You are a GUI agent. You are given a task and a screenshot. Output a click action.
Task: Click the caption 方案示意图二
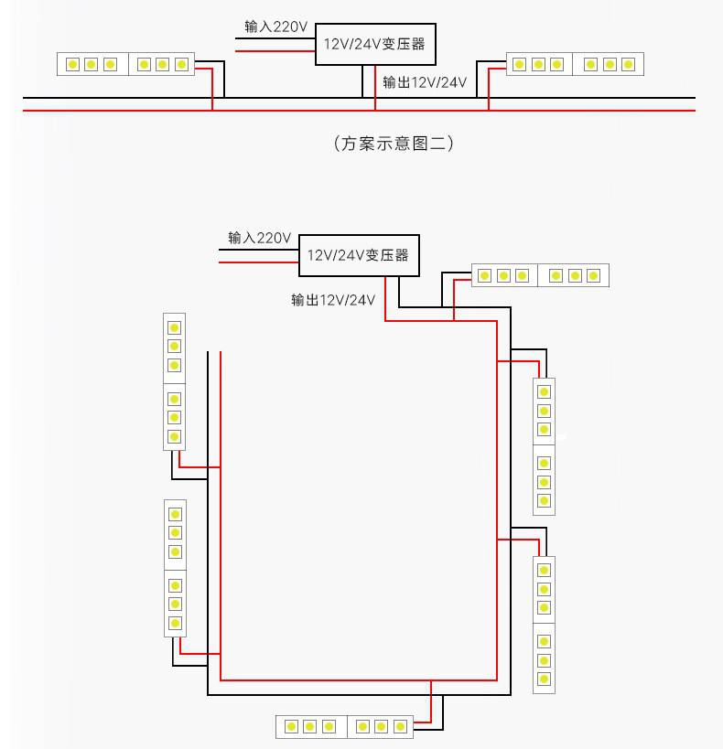(393, 144)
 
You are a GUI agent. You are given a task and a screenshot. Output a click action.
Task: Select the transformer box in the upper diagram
(375, 44)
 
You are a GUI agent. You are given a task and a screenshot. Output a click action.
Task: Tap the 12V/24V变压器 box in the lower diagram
(359, 255)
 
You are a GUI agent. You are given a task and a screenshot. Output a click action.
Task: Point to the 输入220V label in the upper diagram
(275, 27)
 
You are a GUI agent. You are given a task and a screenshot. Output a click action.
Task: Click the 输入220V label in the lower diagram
(260, 238)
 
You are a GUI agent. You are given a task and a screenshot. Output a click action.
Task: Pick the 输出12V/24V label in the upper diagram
(425, 82)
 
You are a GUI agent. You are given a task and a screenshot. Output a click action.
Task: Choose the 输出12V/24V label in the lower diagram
(333, 300)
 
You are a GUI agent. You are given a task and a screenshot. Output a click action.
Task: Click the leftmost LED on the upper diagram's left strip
(72, 65)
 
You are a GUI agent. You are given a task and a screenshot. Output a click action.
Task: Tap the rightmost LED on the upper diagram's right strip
(629, 65)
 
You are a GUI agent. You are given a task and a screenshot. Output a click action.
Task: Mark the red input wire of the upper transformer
(275, 50)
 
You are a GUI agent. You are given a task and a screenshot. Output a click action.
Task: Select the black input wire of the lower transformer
(259, 250)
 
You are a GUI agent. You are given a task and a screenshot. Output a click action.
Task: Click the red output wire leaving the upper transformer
(375, 88)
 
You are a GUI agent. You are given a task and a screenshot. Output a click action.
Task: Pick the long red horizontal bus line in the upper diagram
(359, 111)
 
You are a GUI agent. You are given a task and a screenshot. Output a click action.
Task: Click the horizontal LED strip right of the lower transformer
(540, 275)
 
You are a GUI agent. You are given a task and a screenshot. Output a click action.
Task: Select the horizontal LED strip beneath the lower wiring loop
(344, 727)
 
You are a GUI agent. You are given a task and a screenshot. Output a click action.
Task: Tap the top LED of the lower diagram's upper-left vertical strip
(174, 327)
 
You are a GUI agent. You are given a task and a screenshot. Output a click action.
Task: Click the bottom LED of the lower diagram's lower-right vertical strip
(544, 679)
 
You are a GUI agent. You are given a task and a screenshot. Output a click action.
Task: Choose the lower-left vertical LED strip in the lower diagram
(175, 569)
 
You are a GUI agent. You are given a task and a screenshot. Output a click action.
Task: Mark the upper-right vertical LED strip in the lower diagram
(545, 446)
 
